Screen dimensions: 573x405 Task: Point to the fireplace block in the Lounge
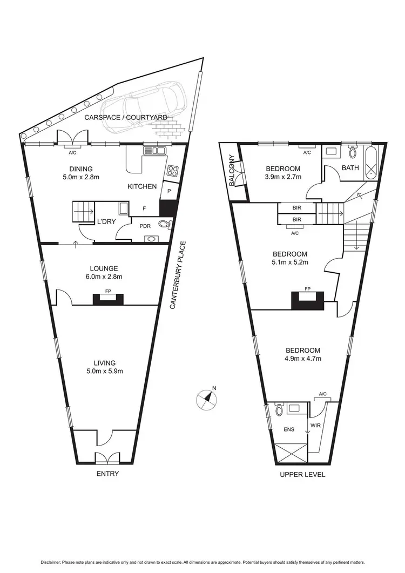(108, 300)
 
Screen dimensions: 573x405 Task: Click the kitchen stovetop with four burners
(172, 171)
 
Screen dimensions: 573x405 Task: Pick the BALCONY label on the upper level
(232, 171)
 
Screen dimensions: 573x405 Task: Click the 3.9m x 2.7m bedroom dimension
(282, 177)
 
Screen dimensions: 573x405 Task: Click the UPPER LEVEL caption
(302, 475)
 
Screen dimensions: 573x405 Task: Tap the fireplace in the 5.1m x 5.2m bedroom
(308, 300)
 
